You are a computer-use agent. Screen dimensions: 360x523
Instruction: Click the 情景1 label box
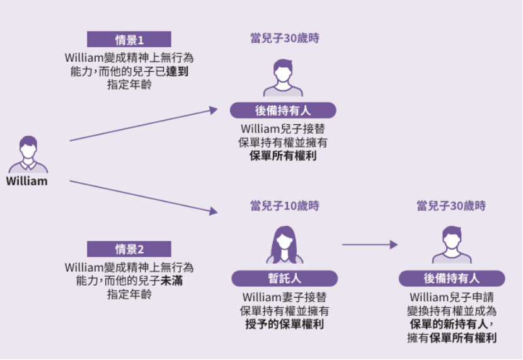(x=129, y=39)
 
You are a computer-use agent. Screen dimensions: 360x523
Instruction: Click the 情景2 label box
(x=129, y=248)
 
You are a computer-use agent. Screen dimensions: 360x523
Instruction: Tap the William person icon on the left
(x=28, y=154)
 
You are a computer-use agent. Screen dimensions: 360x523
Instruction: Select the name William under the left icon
(x=27, y=182)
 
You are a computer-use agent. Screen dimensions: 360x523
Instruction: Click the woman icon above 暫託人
(x=285, y=245)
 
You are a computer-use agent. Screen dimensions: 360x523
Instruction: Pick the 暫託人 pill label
(x=284, y=279)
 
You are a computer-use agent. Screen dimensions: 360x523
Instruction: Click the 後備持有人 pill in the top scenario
(x=283, y=110)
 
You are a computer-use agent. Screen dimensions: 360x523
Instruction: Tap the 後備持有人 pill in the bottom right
(x=451, y=278)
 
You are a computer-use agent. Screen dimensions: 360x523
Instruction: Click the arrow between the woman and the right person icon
(x=370, y=245)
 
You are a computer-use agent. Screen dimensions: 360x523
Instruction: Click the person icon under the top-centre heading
(x=284, y=77)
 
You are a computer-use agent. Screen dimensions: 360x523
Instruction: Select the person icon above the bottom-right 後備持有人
(x=451, y=245)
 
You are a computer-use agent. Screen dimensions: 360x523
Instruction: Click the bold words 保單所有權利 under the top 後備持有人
(x=283, y=155)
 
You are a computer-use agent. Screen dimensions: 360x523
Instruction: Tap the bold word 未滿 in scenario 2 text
(x=173, y=281)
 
